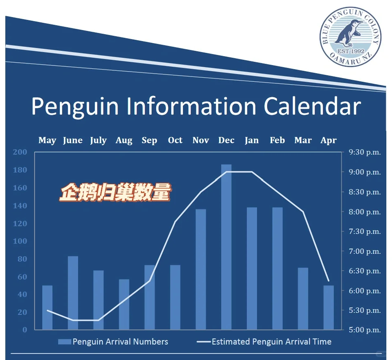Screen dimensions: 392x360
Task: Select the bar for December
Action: [x=226, y=247]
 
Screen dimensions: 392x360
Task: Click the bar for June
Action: [x=73, y=293]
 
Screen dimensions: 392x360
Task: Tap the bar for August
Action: [x=124, y=305]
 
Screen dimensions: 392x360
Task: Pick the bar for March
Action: [x=303, y=299]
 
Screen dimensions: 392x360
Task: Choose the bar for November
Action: [x=201, y=269]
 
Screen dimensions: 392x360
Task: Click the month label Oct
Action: [x=175, y=140]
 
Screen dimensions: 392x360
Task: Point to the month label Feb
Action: [x=277, y=140]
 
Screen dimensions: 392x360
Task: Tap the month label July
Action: [x=98, y=141]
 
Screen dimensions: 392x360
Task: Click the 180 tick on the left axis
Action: [x=20, y=170]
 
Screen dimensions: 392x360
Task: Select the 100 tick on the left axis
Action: [x=20, y=241]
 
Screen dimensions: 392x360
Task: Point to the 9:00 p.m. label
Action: [x=365, y=172]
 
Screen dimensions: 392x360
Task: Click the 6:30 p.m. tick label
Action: [x=365, y=271]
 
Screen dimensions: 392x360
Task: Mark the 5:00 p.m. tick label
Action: [x=365, y=330]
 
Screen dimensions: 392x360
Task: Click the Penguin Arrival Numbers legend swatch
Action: [x=65, y=342]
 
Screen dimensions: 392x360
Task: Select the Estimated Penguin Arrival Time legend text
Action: [x=272, y=342]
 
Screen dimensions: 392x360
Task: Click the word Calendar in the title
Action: [x=312, y=106]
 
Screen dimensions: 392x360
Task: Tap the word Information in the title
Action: [x=192, y=106]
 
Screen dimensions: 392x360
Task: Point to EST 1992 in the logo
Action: [x=351, y=51]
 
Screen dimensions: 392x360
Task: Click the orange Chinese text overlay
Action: [x=115, y=192]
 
